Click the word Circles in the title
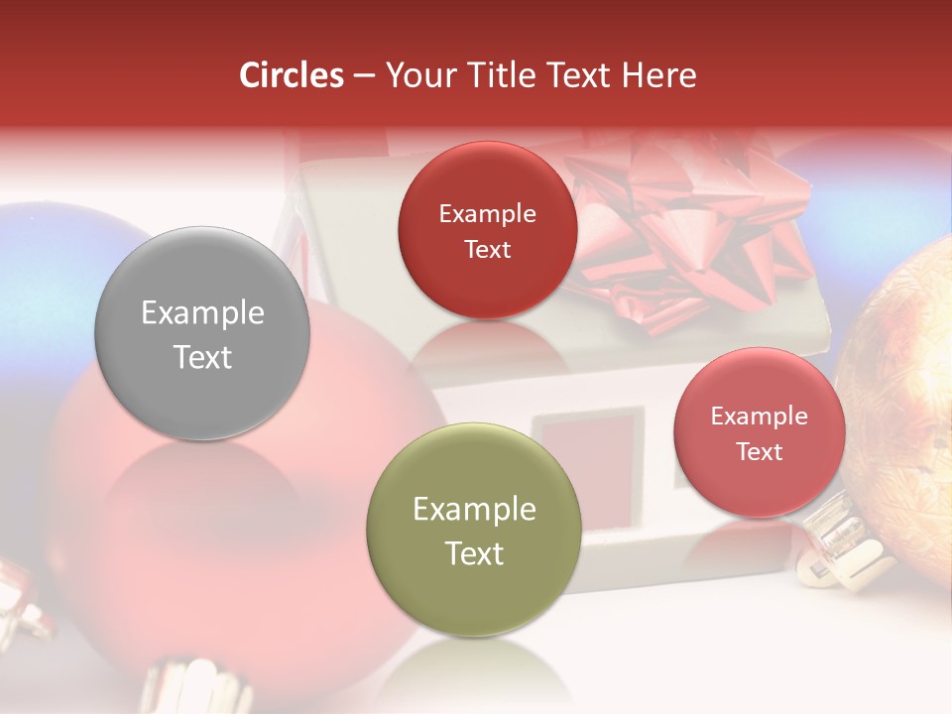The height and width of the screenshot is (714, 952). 291,75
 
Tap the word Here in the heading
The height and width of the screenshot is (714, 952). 658,75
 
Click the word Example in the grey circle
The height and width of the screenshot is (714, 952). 202,313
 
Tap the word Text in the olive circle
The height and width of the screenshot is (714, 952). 474,553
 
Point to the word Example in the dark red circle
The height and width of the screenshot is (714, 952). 487,214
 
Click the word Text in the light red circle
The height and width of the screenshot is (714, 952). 759,452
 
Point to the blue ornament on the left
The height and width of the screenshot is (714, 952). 50,288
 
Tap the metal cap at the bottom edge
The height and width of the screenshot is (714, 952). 193,689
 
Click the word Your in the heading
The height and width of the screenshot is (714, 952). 416,75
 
